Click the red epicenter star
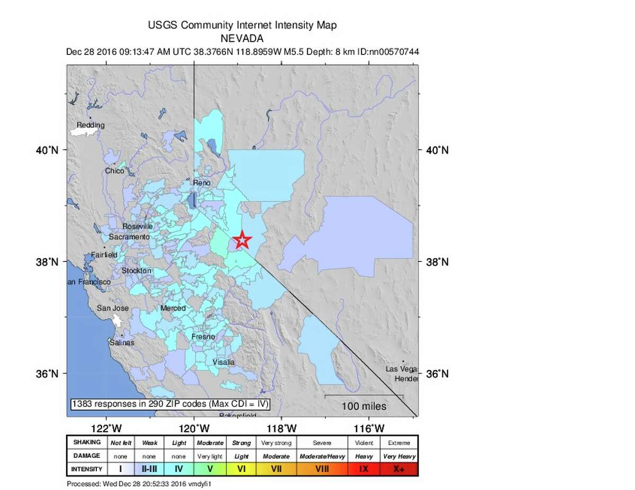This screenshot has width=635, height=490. click(x=242, y=240)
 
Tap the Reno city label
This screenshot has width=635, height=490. click(x=202, y=183)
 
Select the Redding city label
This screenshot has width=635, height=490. click(x=90, y=125)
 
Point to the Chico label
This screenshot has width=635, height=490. click(x=114, y=171)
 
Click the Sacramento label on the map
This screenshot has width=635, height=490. click(x=129, y=238)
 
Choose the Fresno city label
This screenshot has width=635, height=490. click(x=203, y=337)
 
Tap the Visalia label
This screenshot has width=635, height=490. click(x=223, y=362)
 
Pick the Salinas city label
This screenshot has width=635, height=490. click(x=122, y=342)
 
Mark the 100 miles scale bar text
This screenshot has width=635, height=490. click(x=364, y=406)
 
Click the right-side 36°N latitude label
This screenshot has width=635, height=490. click(x=438, y=374)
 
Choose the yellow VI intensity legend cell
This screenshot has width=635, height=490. click(x=241, y=469)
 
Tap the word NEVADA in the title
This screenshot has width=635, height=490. click(x=242, y=38)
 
